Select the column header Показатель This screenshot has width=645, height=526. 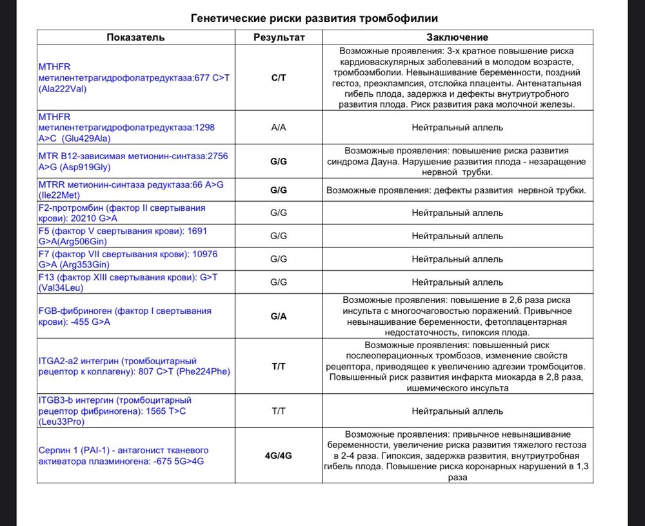coord(135,37)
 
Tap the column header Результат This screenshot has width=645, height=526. coord(279,37)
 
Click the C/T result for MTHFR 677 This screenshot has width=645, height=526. coord(279,78)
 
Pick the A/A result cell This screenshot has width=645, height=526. coord(279,128)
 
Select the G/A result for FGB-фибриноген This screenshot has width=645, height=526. coord(279,317)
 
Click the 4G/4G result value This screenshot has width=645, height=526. coord(279,455)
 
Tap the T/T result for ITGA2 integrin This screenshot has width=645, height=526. coord(279,366)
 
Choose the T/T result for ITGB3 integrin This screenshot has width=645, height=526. coord(279,411)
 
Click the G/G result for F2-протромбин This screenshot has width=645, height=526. coord(279,213)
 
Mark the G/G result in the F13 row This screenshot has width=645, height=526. coord(279,282)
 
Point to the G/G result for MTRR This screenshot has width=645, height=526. coord(279,190)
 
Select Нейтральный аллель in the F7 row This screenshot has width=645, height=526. coord(457,259)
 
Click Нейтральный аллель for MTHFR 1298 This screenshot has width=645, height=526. coord(457,128)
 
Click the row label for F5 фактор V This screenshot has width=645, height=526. coord(123,236)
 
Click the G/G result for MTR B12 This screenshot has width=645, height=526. coord(279,161)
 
